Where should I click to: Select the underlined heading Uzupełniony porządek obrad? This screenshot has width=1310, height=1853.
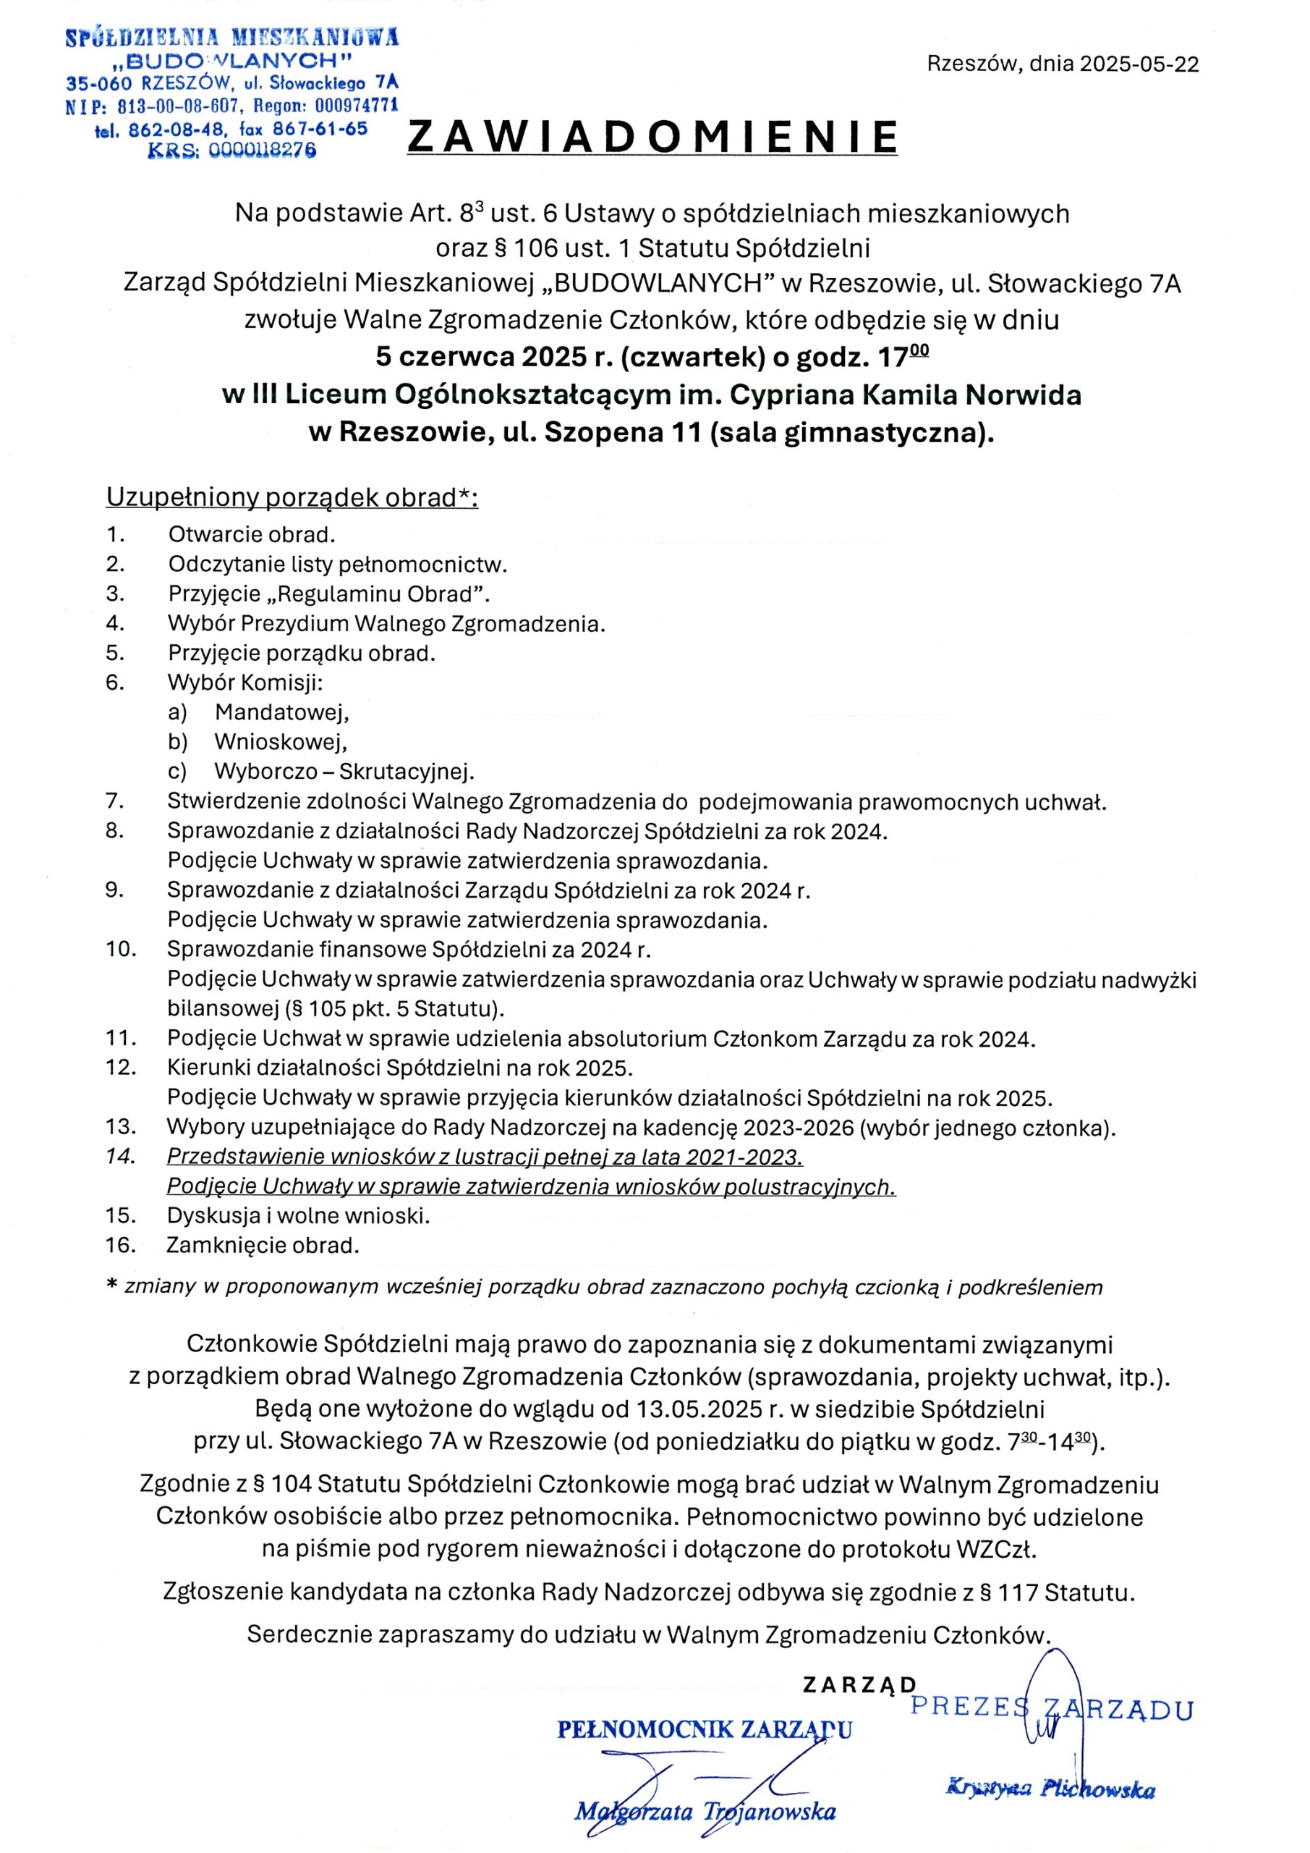point(292,497)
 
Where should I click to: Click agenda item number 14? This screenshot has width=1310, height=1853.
point(119,1157)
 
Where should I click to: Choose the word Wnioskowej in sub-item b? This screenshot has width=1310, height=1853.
point(281,741)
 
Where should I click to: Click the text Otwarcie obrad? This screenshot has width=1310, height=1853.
point(251,534)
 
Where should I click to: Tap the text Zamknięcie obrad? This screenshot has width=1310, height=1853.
point(262,1245)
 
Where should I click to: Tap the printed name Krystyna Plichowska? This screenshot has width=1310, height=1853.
point(1050,1789)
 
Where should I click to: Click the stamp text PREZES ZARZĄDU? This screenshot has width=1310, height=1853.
point(1051,1710)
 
